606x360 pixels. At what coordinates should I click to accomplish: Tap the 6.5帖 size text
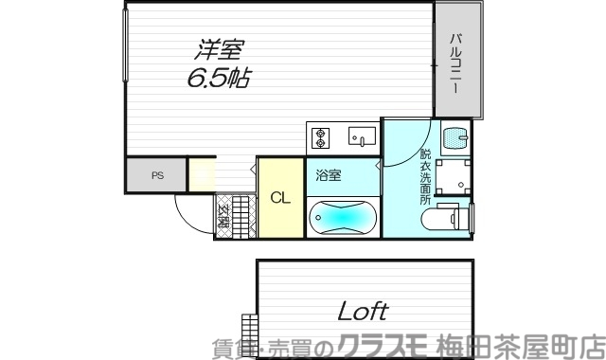(x=218, y=78)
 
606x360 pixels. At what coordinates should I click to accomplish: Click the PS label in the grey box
(x=156, y=175)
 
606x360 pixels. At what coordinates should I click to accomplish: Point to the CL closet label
(x=280, y=198)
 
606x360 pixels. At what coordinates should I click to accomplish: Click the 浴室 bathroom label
(x=330, y=175)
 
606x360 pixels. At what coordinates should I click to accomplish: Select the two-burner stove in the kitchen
(x=320, y=137)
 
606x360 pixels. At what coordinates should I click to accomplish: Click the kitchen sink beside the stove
(x=362, y=137)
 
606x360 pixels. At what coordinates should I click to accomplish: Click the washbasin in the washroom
(x=455, y=137)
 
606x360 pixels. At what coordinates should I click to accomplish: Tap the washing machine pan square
(x=454, y=176)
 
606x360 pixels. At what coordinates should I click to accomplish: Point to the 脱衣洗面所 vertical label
(x=426, y=176)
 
